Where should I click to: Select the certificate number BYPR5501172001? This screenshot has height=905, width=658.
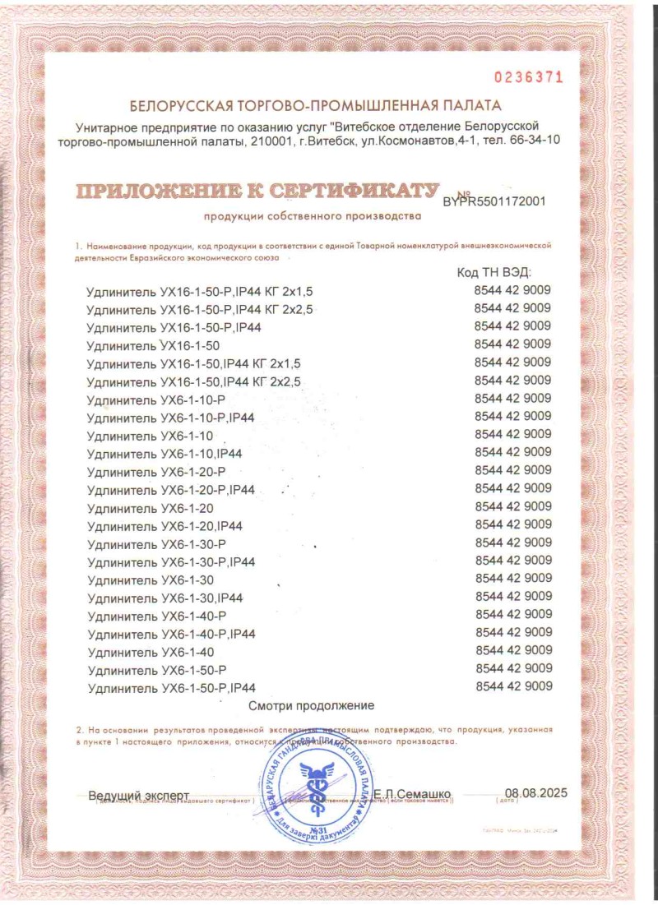[x=494, y=200]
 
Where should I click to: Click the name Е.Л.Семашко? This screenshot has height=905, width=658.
[x=412, y=794]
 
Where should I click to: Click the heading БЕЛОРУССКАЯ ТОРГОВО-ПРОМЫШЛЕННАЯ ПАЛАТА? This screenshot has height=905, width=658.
[x=315, y=105]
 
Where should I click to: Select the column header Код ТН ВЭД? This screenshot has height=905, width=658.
[x=493, y=272]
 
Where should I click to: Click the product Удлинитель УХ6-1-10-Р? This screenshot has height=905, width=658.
[x=155, y=399]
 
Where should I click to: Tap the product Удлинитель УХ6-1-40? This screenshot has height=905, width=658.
[x=150, y=652]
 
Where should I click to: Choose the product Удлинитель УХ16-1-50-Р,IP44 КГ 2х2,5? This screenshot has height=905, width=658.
[x=199, y=309]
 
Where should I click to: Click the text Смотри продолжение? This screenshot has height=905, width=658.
[x=312, y=705]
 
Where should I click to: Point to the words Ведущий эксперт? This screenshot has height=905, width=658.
[x=138, y=795]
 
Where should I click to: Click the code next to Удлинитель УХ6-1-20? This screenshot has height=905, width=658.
[x=513, y=506]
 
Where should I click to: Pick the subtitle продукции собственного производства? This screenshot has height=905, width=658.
[x=313, y=217]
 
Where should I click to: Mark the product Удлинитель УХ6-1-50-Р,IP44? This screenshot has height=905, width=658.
[x=171, y=688]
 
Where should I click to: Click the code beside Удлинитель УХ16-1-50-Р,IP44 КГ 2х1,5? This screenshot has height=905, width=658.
[x=513, y=290]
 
